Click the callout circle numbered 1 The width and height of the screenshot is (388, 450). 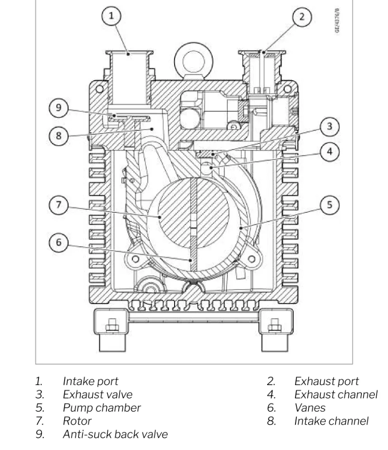coord(111,16)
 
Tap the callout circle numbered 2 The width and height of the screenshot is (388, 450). coord(302,16)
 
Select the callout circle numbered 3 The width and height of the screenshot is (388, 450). coord(330,127)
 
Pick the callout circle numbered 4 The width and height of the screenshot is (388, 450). coord(330,152)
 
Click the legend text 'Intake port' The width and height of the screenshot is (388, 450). coord(90,381)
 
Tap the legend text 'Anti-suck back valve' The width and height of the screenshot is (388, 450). coord(115,435)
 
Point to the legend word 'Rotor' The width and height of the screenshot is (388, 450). coord(77,421)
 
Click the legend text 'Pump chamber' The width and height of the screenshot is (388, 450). coord(102,408)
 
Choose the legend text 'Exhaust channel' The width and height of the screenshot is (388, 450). coord(336,395)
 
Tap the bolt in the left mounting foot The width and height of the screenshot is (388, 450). coord(111,326)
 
